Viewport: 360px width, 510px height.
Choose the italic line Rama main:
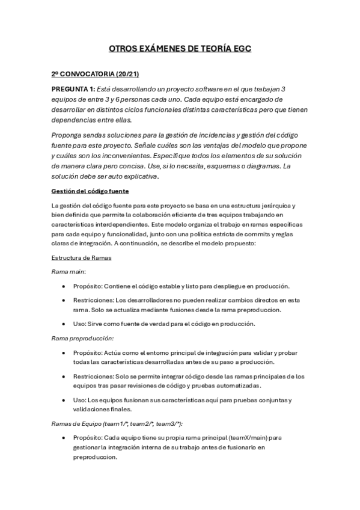coord(68,272)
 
